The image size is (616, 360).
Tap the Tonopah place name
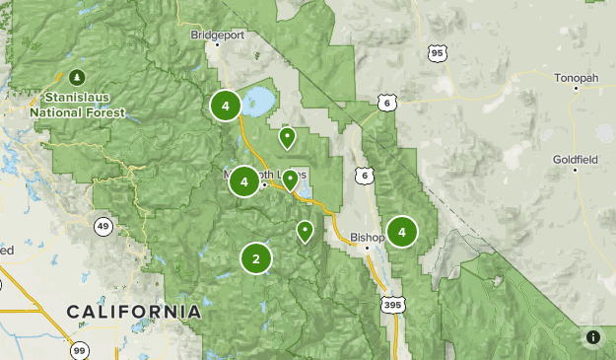(x=577, y=78)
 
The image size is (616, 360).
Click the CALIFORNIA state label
(x=134, y=312)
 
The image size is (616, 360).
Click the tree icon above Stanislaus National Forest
(x=77, y=76)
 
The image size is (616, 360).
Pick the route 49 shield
(x=103, y=227)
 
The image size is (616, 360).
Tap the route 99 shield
(x=79, y=349)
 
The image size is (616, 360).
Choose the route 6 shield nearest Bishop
(x=366, y=176)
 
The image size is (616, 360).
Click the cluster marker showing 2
(x=256, y=259)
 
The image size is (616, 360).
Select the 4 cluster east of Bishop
(x=401, y=232)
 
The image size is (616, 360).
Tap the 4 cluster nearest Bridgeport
(x=226, y=105)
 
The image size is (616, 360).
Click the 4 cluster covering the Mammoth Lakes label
(x=243, y=181)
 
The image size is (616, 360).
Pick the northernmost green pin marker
(x=287, y=137)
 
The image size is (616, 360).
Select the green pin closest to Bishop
(x=306, y=231)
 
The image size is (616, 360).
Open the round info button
(x=592, y=337)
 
